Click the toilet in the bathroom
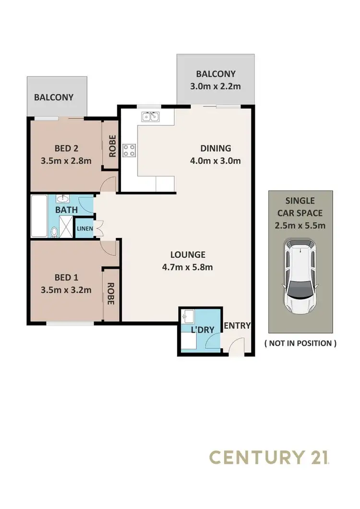coord(54,232)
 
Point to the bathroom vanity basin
coord(63,199)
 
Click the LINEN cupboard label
coord(85,229)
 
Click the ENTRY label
coord(238,326)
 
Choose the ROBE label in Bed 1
coord(111,294)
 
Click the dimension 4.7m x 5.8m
coord(187,268)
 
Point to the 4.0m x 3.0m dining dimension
coord(215,161)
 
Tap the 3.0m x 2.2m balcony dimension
coord(216,87)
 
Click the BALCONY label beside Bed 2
coord(54,97)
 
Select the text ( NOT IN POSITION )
coord(300,343)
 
